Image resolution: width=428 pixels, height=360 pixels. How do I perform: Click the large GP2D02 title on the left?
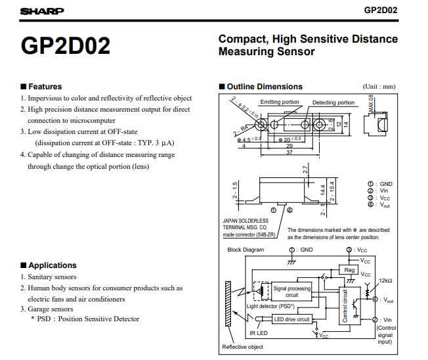66,45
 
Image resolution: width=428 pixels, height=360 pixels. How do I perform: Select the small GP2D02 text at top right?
381,11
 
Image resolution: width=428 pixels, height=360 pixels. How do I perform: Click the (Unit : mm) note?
379,87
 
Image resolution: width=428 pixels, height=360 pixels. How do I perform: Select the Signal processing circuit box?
292,292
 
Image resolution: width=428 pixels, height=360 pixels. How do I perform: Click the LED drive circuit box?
292,319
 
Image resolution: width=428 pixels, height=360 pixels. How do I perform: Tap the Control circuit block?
345,305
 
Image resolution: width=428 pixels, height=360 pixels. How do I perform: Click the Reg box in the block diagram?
349,270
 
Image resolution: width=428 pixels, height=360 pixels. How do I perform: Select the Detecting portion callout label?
333,102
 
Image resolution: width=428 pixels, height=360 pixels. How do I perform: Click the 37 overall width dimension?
289,153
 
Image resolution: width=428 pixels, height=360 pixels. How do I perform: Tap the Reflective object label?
242,347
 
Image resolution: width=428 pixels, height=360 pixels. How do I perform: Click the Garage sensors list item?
50,309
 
